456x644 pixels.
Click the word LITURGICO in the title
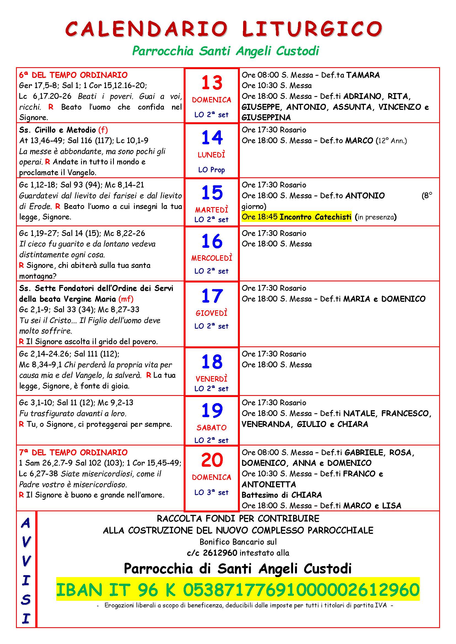pyautogui.click(x=312, y=28)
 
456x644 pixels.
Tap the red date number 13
pyautogui.click(x=212, y=83)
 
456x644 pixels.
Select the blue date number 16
pyautogui.click(x=212, y=241)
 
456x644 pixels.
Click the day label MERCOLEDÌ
pyautogui.click(x=212, y=258)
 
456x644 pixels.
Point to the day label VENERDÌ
pyautogui.click(x=211, y=379)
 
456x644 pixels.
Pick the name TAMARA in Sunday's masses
pyautogui.click(x=363, y=75)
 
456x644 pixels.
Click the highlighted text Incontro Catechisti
pyautogui.click(x=315, y=217)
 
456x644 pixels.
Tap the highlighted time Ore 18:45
pyautogui.click(x=260, y=217)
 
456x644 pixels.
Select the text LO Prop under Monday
pyautogui.click(x=211, y=170)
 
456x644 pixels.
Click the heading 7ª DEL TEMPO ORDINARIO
pyautogui.click(x=73, y=452)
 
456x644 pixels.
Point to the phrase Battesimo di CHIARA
pyautogui.click(x=282, y=495)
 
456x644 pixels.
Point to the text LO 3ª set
pyautogui.click(x=211, y=492)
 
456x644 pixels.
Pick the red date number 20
pyautogui.click(x=212, y=460)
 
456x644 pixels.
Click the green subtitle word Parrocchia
pyautogui.click(x=163, y=51)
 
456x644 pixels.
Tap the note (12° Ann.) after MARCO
pyautogui.click(x=391, y=140)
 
